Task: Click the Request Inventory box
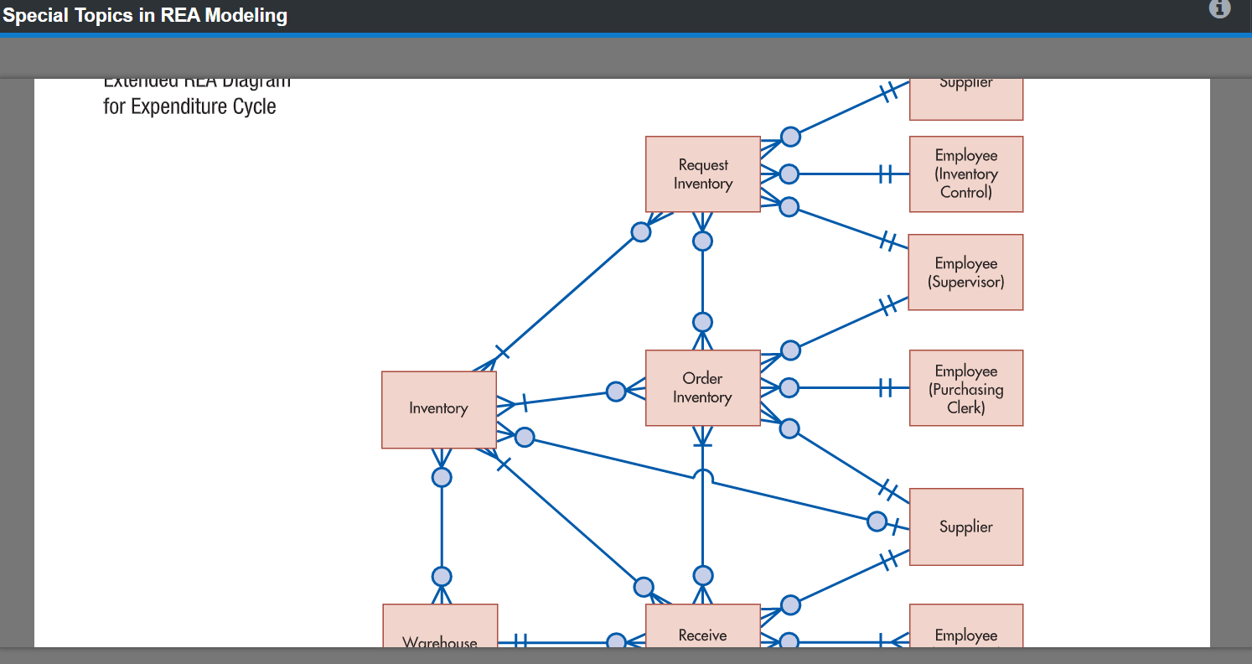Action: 703,174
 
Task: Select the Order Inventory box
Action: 703,388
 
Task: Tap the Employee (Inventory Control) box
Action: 966,174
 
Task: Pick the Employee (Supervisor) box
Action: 966,272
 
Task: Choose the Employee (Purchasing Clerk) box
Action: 966,388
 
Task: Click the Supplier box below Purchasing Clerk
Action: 966,527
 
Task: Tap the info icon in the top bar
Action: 1219,9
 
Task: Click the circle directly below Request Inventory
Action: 703,241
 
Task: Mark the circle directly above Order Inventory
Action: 703,322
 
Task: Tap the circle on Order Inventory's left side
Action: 616,392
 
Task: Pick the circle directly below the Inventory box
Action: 442,477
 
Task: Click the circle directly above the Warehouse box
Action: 442,577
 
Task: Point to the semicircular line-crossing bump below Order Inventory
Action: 703,476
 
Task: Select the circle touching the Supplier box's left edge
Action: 877,521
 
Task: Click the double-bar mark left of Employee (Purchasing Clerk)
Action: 884,387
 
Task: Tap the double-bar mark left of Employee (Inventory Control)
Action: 884,174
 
